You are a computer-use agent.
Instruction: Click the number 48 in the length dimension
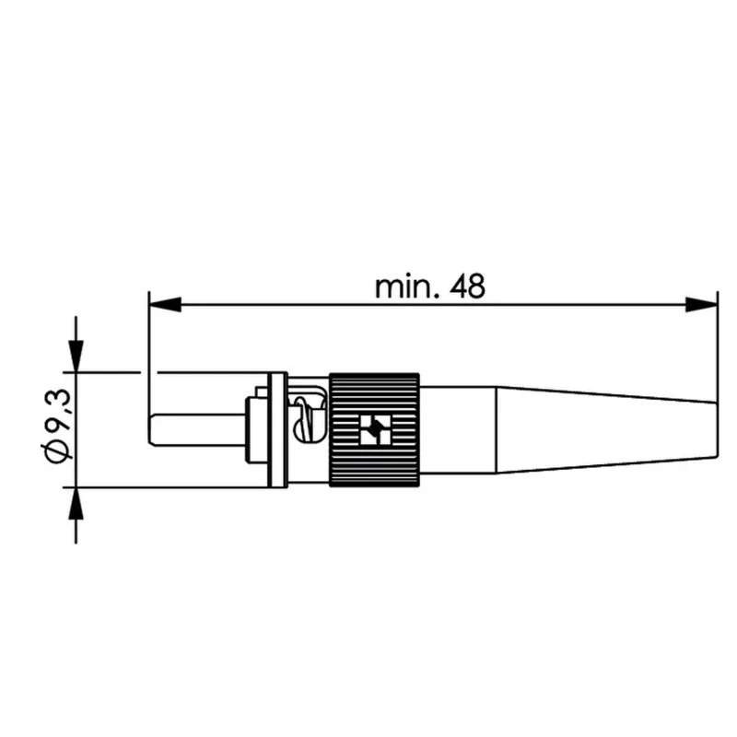[x=467, y=287]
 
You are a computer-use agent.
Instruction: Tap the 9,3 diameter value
[x=59, y=409]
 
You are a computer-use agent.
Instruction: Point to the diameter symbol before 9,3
[x=58, y=448]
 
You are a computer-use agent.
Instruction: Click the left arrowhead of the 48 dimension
[x=165, y=304]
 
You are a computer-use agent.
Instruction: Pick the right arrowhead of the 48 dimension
[x=701, y=304]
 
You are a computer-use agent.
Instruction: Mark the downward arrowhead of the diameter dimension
[x=76, y=356]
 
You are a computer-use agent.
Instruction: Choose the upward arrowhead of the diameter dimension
[x=76, y=503]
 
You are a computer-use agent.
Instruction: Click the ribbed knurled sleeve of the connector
[x=374, y=429]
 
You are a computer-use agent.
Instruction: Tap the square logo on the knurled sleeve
[x=375, y=429]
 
